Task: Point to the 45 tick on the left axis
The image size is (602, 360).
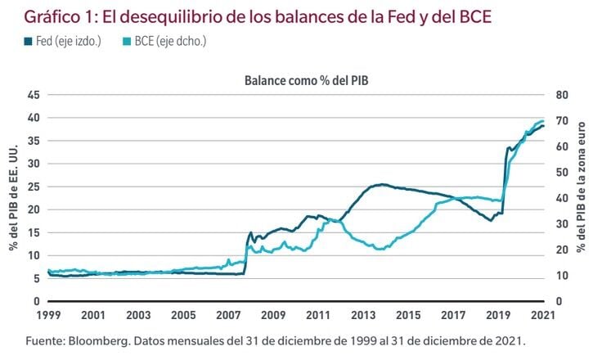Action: [34, 95]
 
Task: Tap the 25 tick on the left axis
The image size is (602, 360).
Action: [34, 187]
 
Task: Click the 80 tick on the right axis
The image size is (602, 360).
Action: [560, 95]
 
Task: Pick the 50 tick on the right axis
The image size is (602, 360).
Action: [560, 172]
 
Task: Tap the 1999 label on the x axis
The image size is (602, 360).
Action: [48, 315]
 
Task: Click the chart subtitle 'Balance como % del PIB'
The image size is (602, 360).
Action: [295, 80]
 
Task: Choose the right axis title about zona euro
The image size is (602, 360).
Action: [582, 198]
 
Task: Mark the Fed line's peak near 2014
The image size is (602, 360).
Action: [381, 185]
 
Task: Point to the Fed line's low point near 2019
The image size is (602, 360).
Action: [490, 220]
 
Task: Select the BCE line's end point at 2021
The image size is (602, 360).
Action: [542, 121]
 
